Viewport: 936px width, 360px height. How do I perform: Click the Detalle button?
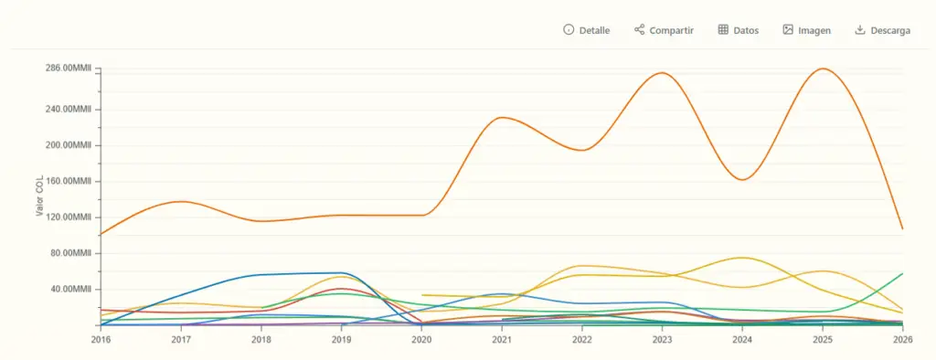(586, 30)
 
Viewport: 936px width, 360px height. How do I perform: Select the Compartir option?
(664, 30)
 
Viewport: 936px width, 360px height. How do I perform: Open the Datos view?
(739, 30)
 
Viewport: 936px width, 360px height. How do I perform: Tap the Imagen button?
(806, 30)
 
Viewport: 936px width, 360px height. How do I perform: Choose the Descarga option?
(883, 30)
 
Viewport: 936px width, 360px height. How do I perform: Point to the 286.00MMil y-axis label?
(68, 69)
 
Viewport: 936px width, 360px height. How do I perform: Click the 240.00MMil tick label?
(68, 110)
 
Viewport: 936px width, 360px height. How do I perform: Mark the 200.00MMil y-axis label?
(68, 145)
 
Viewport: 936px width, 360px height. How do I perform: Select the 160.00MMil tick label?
(68, 181)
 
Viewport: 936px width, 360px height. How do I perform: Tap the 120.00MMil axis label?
(68, 217)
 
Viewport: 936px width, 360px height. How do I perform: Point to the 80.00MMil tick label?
(70, 253)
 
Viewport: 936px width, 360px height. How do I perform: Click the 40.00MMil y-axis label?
(70, 290)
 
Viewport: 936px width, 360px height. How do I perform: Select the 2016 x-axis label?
(100, 339)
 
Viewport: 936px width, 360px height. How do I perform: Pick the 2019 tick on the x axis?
(341, 339)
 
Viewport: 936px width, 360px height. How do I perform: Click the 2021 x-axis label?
(502, 339)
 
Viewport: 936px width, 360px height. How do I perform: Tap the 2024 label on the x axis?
(742, 339)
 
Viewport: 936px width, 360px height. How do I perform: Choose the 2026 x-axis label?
(902, 339)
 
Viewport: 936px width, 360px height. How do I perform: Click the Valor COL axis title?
(39, 196)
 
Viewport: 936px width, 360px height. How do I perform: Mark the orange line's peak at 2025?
(824, 69)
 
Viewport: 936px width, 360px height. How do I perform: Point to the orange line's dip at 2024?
(742, 180)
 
